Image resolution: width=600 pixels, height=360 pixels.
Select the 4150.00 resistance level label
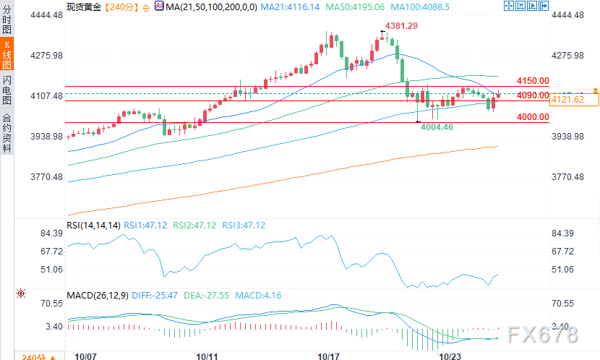[533, 81]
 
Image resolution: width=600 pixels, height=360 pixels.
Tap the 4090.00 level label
[533, 95]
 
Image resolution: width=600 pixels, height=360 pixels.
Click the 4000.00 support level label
[533, 116]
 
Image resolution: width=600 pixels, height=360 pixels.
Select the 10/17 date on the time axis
[328, 356]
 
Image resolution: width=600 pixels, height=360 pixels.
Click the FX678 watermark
[543, 334]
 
